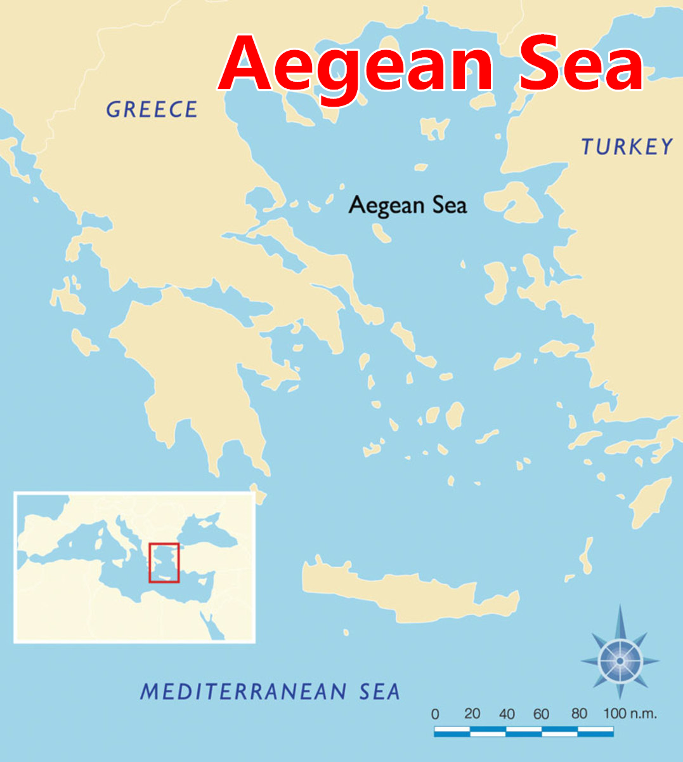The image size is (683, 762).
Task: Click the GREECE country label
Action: click(x=152, y=109)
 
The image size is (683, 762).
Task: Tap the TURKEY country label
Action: click(x=627, y=147)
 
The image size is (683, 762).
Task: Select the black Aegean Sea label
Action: click(x=408, y=205)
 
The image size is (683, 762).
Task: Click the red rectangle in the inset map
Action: click(x=164, y=563)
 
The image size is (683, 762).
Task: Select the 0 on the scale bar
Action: click(x=435, y=714)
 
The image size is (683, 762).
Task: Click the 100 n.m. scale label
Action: click(x=629, y=713)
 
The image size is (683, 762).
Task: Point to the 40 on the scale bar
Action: click(x=507, y=714)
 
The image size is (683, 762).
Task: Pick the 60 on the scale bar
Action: click(x=541, y=714)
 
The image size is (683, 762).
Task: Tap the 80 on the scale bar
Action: click(x=578, y=714)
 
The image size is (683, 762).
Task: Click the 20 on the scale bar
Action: click(x=472, y=714)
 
